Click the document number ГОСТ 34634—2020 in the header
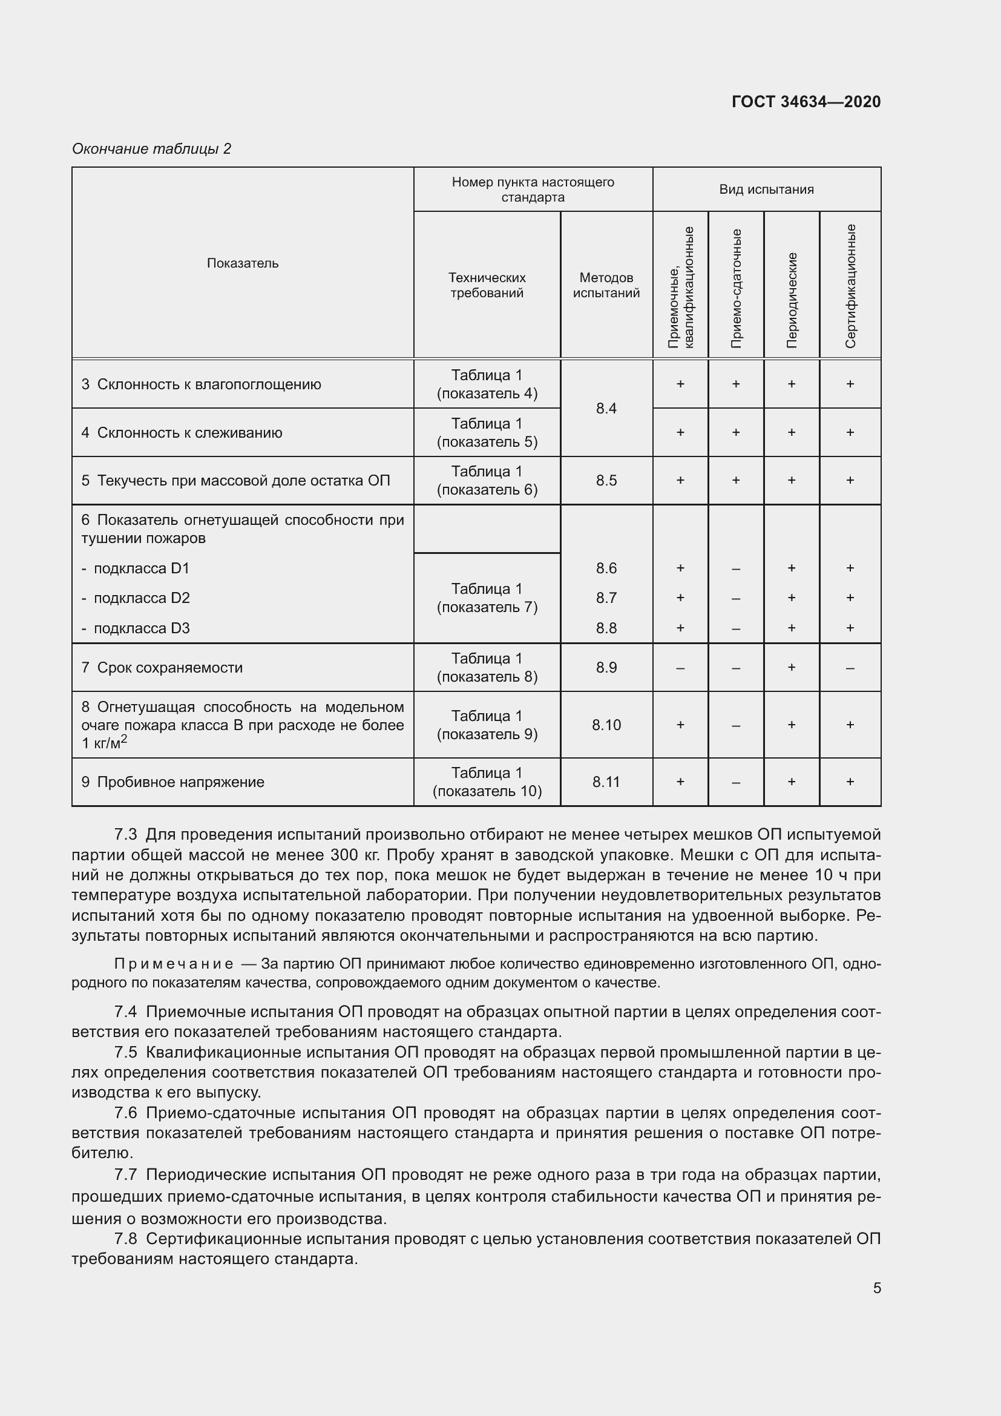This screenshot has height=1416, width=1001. (x=806, y=102)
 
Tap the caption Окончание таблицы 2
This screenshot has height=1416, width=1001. (x=152, y=149)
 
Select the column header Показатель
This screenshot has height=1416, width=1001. (x=242, y=263)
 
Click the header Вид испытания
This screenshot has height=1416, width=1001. (x=766, y=189)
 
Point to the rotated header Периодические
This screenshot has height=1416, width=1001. (x=792, y=300)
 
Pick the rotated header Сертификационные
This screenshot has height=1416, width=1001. (x=850, y=286)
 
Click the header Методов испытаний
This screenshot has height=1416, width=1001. (x=606, y=285)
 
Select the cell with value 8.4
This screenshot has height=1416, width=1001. (x=606, y=408)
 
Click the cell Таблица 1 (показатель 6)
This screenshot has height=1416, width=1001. (x=487, y=481)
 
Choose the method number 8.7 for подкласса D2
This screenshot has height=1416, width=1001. (x=606, y=598)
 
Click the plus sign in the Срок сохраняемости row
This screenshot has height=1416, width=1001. (x=792, y=667)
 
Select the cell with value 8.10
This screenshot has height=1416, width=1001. (x=606, y=725)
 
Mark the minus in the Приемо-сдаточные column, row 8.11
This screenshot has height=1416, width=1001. (x=736, y=782)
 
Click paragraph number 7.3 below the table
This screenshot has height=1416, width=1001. (x=126, y=834)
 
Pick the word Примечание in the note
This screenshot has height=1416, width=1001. (x=174, y=964)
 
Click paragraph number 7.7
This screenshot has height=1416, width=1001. (x=126, y=1175)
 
